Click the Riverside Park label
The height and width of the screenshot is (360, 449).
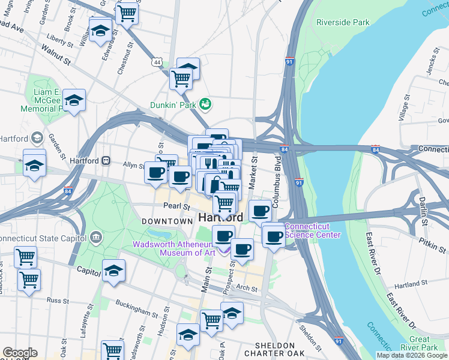pyautogui.click(x=343, y=22)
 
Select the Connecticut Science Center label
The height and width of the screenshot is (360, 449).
pyautogui.click(x=312, y=230)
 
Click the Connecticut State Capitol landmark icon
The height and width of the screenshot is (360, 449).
pyautogui.click(x=95, y=238)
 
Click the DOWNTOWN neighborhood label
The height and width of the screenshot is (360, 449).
pyautogui.click(x=166, y=221)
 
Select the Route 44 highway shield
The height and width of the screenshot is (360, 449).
pyautogui.click(x=157, y=62)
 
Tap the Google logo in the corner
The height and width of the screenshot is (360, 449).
pyautogui.click(x=20, y=353)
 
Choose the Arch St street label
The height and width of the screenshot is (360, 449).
pyautogui.click(x=246, y=288)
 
